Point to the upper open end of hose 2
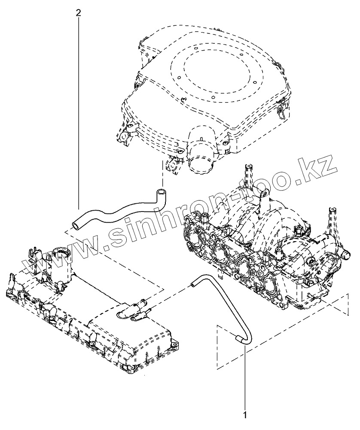pos(160,191)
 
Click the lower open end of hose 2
pos(76,224)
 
